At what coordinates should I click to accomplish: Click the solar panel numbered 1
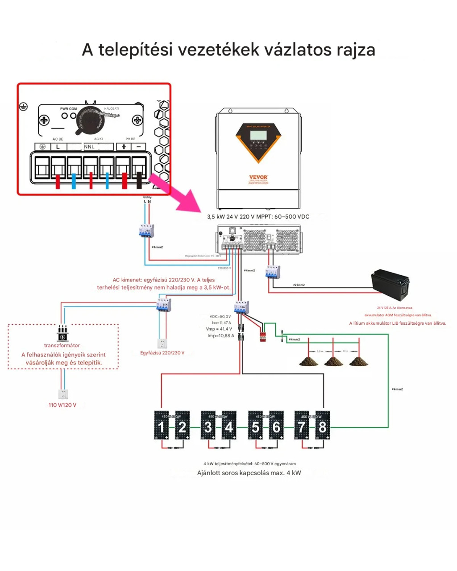click(161, 426)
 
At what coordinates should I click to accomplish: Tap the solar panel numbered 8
click(322, 426)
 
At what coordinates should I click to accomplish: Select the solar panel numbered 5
click(255, 426)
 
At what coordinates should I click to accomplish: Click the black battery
click(391, 285)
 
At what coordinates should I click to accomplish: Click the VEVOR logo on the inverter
click(258, 177)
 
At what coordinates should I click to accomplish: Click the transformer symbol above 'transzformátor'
click(62, 333)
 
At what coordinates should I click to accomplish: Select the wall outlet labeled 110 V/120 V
click(63, 394)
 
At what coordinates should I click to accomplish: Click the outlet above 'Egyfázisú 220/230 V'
click(162, 343)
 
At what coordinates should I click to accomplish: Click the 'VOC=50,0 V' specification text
click(220, 317)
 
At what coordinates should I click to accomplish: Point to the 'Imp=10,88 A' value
click(220, 336)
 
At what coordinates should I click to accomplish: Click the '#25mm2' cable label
click(299, 285)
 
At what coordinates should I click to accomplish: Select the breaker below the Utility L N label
click(146, 231)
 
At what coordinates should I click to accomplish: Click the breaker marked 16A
click(241, 307)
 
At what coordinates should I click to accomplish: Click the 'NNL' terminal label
click(89, 147)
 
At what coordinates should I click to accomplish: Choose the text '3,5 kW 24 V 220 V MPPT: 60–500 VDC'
click(258, 217)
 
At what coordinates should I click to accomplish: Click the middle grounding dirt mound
click(333, 360)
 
